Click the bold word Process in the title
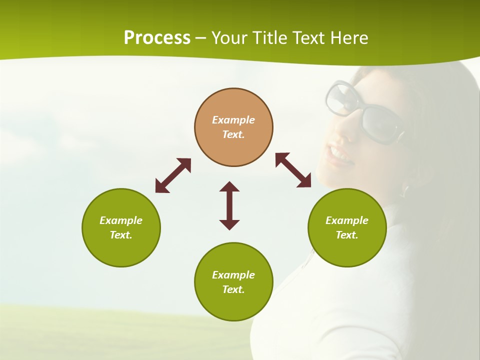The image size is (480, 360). pos(157,38)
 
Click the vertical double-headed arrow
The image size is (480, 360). pos(229,205)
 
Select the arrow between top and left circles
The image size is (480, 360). pos(173,175)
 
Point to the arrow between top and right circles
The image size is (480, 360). pos(293,170)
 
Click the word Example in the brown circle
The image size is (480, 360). pos(233,120)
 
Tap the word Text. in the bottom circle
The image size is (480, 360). pos(233,289)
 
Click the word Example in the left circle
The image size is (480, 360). pos(121,220)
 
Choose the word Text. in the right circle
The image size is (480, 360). pos(347,235)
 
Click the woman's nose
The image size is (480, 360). pos(337,131)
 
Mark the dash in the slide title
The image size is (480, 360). pos(201,38)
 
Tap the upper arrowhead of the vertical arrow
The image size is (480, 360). pos(229,187)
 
